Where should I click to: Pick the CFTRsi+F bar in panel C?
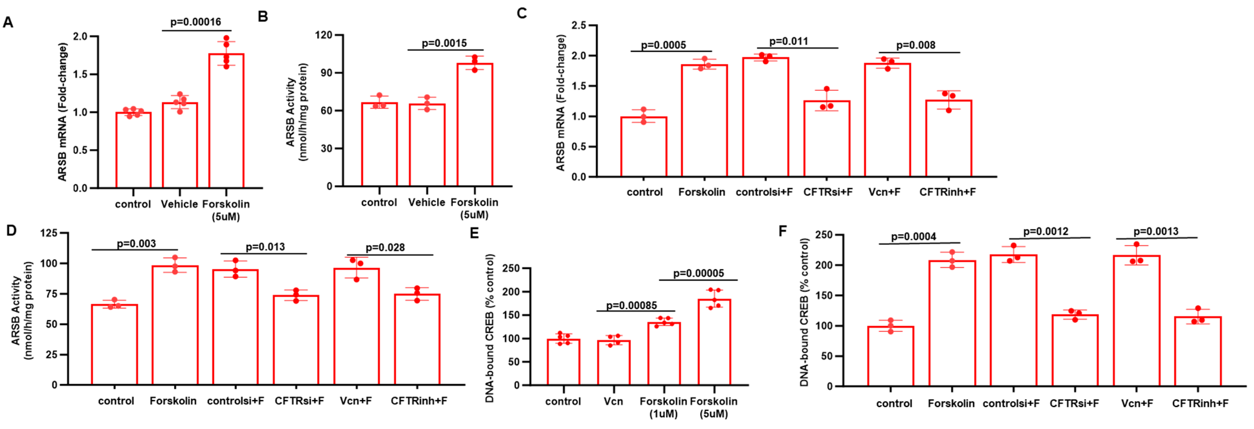(x=827, y=139)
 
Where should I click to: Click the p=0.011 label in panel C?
(x=788, y=41)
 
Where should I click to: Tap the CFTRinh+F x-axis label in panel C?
(x=947, y=192)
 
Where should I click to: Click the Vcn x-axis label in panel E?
(x=613, y=401)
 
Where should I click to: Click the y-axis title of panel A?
(x=62, y=112)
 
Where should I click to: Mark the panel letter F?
(x=783, y=230)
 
